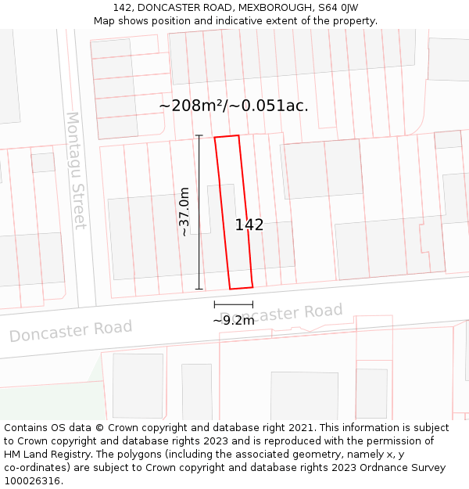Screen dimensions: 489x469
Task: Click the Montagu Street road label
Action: point(75,171)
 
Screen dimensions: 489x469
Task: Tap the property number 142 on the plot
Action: point(249,225)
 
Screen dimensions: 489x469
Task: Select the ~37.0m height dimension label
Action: point(184,211)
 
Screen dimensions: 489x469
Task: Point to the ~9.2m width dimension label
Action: point(234,320)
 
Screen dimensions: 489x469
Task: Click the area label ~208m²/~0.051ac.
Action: point(234,106)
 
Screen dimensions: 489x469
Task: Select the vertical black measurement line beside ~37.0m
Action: point(199,212)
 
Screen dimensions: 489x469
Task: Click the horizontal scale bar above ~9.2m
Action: point(234,304)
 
